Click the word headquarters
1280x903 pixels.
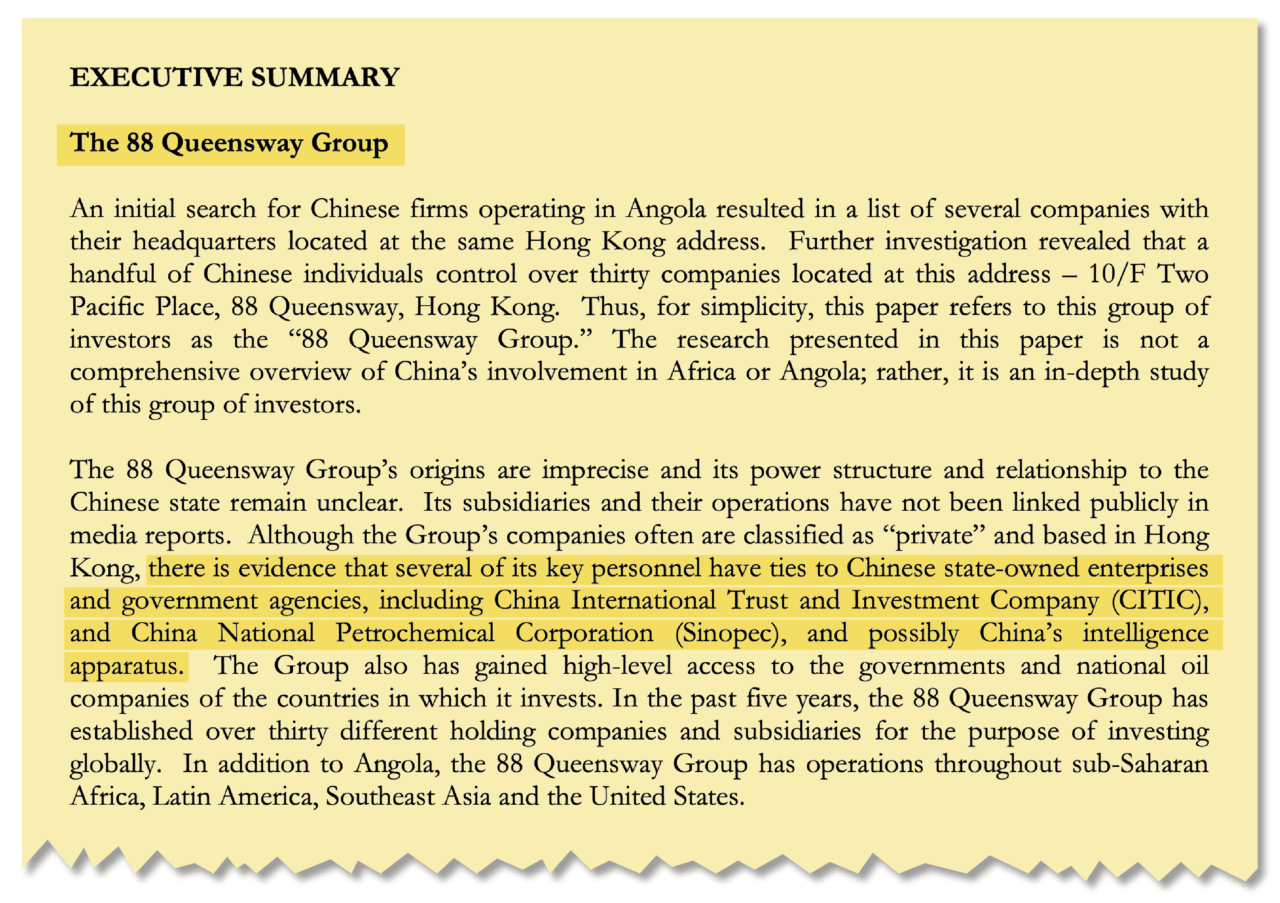point(204,242)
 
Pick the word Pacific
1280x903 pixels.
point(107,307)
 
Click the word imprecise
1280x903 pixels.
point(595,470)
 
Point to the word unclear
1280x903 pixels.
point(359,503)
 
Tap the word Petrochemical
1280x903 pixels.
point(415,634)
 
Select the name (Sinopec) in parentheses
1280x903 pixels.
point(730,634)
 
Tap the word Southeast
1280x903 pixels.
point(380,797)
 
